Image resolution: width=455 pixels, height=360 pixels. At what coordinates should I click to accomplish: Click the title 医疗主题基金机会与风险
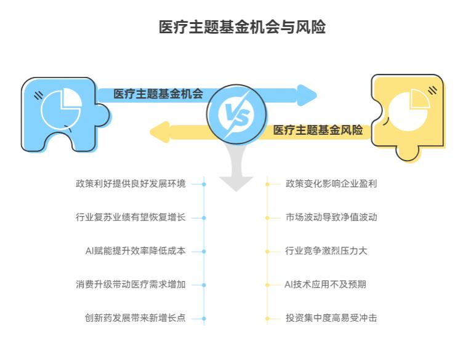(242, 28)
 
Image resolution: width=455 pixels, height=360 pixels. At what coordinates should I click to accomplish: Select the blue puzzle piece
(62, 114)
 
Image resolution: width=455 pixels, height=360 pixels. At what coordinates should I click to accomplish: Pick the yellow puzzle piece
(408, 116)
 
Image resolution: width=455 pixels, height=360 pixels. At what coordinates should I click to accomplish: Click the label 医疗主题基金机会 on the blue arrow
(158, 94)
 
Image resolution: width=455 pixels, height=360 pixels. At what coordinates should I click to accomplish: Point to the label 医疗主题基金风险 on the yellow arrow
(318, 130)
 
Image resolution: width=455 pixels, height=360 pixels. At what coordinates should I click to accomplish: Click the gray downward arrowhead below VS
(236, 182)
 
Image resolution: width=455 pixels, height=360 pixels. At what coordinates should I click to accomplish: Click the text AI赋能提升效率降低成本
(135, 251)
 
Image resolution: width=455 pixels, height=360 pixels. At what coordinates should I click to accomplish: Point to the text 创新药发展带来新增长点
(135, 318)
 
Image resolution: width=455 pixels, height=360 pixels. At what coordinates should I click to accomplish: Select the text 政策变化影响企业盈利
(331, 183)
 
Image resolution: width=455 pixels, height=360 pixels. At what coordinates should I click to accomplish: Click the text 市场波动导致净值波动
(331, 217)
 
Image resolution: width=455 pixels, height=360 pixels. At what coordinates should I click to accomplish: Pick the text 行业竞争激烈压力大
(326, 251)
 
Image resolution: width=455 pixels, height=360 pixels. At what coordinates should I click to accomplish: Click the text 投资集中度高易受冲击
(331, 318)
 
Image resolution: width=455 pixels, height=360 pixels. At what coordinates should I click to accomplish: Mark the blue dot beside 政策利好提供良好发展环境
(204, 183)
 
